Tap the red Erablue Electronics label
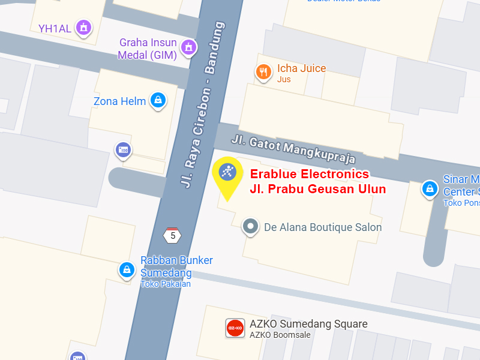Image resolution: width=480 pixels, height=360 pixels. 309,175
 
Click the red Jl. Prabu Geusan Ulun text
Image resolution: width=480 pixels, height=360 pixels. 317,189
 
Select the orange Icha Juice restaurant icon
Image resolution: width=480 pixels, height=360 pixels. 263,73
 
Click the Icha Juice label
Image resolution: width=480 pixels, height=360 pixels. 301,68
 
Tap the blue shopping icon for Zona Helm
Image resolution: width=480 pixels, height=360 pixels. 158,100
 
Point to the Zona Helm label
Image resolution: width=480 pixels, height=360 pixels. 120,101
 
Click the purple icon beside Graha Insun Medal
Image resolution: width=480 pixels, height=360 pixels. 189,47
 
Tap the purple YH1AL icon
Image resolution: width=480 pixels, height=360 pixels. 84,28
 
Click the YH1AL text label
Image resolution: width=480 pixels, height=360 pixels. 55,28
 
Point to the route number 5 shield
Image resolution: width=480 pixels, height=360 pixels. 173,235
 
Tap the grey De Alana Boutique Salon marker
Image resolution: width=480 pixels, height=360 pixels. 250,227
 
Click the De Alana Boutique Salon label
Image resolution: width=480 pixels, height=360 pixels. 323,227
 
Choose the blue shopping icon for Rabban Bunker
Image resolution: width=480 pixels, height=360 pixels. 127,270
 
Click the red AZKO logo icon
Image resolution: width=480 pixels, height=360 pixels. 235,328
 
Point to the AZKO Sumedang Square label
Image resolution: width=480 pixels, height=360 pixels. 308,324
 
